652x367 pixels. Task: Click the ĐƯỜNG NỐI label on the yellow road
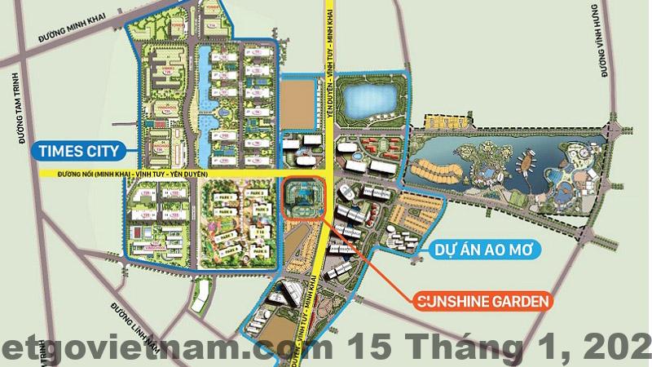pyautogui.click(x=131, y=174)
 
